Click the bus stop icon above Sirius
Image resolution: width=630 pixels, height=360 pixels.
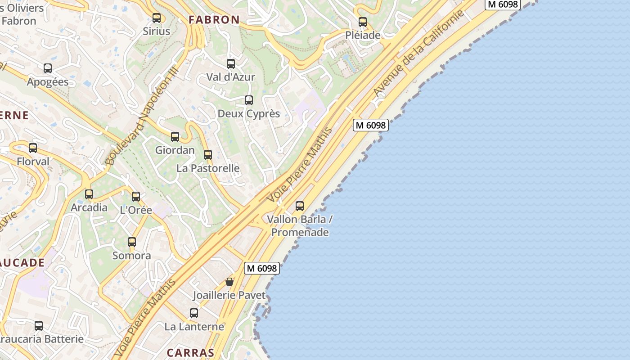tap(157, 18)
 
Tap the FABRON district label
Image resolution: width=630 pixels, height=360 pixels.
tap(214, 20)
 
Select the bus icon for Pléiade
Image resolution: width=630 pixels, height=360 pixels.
tap(363, 22)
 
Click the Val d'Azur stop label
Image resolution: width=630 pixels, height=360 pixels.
tap(230, 77)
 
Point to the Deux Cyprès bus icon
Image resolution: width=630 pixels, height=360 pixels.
tap(249, 100)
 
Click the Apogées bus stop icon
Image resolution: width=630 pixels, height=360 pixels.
tap(48, 68)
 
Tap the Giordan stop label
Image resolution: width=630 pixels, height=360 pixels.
tap(175, 150)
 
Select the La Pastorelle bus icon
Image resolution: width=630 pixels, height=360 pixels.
tap(208, 155)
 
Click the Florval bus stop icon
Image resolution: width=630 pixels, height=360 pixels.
tap(33, 148)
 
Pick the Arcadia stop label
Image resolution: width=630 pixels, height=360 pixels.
tap(89, 207)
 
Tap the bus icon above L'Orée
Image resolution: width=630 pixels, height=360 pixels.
tap(136, 197)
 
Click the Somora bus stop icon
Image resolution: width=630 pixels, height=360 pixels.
tap(132, 242)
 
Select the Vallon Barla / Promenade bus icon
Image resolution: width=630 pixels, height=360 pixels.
tap(300, 206)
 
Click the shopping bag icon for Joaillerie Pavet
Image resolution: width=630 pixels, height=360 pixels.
tap(229, 282)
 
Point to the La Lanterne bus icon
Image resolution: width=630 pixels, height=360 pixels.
tap(194, 313)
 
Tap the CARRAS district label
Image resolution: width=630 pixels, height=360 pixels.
tap(190, 353)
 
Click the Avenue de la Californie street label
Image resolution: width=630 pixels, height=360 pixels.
tap(418, 54)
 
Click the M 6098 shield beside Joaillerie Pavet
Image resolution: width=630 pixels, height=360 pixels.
tap(262, 268)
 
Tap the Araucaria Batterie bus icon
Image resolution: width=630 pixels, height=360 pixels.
tap(39, 325)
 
